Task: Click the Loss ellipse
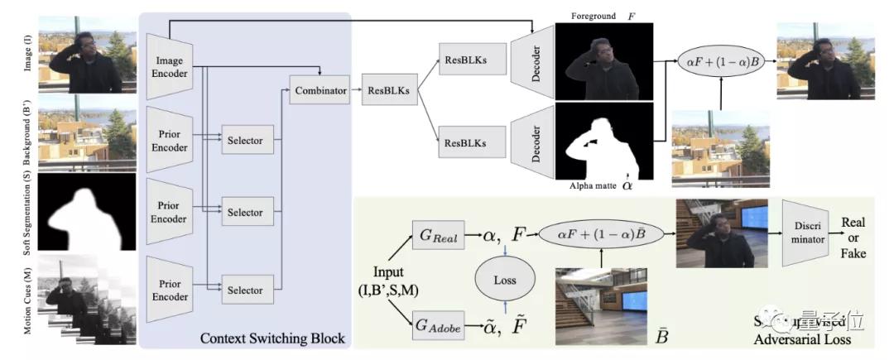(x=505, y=280)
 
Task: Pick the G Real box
(x=438, y=236)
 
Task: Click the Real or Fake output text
(x=853, y=237)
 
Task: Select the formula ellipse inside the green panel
(x=598, y=234)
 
